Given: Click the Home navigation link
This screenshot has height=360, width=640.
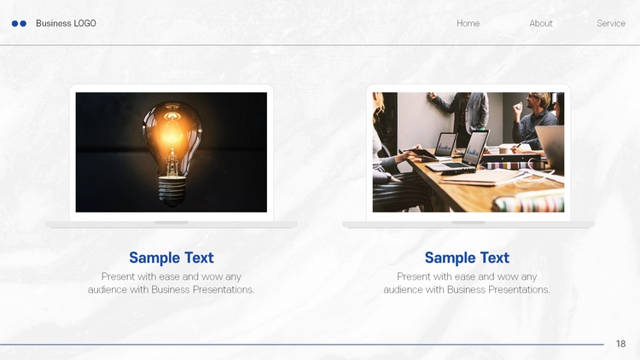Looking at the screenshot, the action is pos(468,23).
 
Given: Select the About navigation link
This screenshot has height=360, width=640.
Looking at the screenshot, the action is pos(541,23).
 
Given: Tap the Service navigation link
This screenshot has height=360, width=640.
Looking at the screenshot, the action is pos(611,23).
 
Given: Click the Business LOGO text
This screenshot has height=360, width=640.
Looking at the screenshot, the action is pos(66,23).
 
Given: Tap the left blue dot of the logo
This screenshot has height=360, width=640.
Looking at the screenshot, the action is pos(15,24).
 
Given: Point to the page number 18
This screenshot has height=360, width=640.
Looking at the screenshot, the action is pos(621,344).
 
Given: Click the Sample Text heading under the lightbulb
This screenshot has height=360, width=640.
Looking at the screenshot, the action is pos(172,258).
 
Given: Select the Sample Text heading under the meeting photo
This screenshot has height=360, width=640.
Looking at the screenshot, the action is pos(467,258).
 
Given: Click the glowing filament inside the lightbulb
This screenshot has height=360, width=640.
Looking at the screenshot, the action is pos(172,131).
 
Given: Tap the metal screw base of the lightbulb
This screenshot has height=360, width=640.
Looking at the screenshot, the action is pos(172,190).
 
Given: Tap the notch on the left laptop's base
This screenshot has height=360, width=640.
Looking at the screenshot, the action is pos(172,223).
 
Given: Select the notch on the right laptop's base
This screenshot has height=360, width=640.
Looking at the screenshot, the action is pos(468,223).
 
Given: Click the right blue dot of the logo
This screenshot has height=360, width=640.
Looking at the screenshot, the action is pos(23,24).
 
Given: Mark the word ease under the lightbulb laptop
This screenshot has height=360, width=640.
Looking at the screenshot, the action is pos(170,276).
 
